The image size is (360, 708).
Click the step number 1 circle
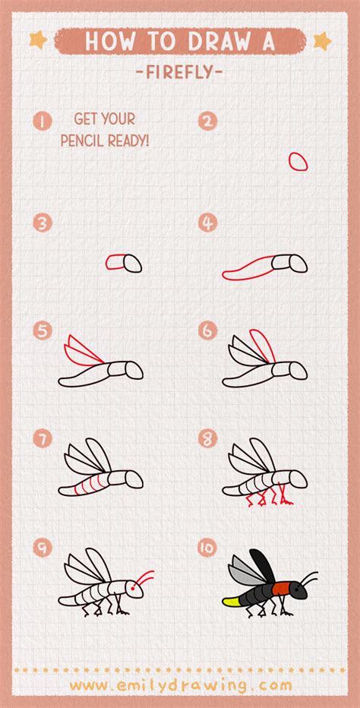[x=43, y=120]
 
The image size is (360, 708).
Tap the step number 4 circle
[x=208, y=223]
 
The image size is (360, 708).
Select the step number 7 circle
[x=43, y=438]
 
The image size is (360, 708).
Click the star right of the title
[x=322, y=39]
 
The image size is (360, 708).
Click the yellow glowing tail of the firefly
[x=233, y=601]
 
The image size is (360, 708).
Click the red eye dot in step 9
[x=134, y=588]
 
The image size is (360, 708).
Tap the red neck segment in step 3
[x=115, y=262]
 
